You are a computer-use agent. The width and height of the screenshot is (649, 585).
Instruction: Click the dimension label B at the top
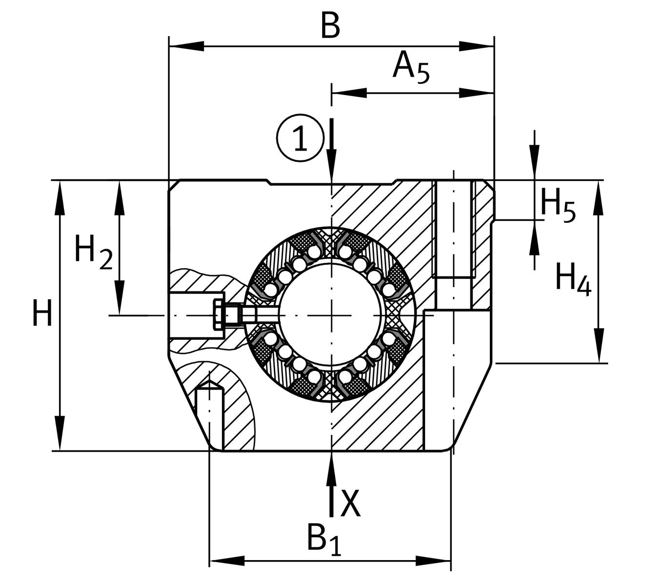tap(330, 26)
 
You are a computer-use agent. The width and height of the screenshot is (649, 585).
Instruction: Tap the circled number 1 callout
tap(300, 137)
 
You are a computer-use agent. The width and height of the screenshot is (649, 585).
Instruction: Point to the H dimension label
tap(42, 313)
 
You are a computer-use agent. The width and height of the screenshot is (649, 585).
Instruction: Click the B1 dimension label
tap(324, 539)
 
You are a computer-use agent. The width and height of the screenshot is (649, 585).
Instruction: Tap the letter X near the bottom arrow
tap(350, 503)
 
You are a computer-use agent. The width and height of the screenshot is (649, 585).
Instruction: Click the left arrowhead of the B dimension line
tap(185, 47)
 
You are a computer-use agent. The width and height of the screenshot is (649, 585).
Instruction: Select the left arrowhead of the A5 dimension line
tap(348, 93)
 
